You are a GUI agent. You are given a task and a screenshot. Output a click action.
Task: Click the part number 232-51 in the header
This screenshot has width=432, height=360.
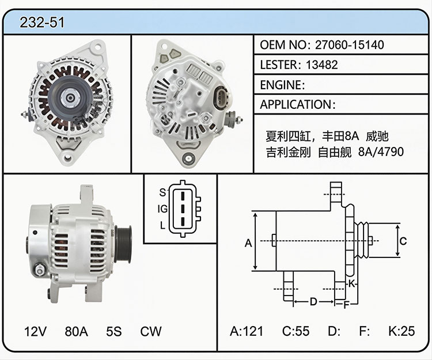42,22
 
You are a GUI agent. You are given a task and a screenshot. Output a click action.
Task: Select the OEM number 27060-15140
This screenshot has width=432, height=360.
350,44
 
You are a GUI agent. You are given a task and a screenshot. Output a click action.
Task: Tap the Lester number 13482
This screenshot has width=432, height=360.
321,65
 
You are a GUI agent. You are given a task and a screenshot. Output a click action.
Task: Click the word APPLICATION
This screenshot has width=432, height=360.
296,104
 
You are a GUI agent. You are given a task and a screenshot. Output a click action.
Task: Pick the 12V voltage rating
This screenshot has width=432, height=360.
35,331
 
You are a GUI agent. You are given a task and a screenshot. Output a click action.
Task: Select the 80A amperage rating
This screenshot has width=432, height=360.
76,331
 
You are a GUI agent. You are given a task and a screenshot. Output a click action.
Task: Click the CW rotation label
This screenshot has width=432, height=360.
150,331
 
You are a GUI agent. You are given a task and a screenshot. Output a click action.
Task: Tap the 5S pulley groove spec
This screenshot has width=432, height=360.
114,331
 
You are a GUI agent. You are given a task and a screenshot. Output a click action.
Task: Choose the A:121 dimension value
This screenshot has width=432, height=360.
247,331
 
